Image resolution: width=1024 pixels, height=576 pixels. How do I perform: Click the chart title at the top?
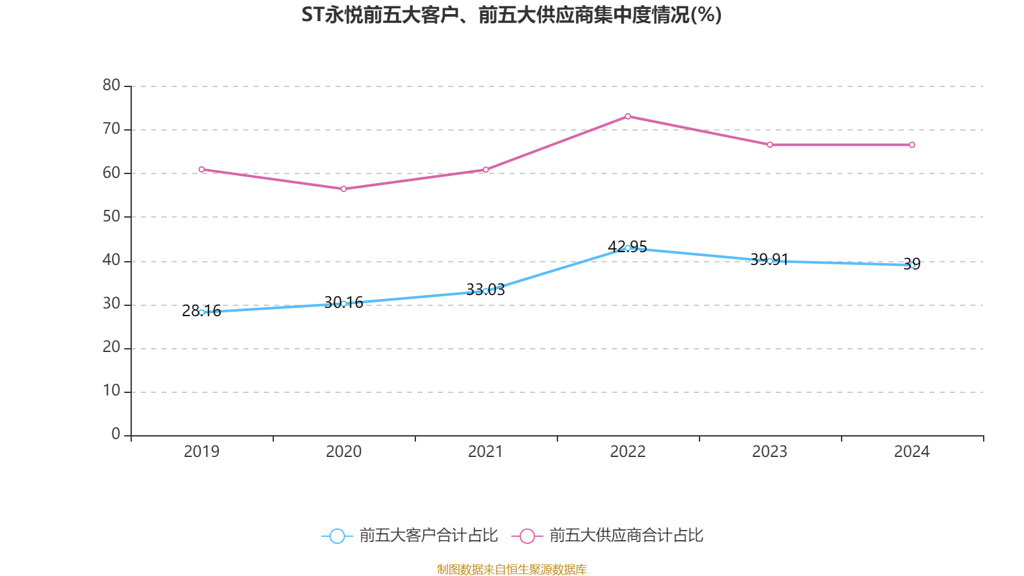(x=511, y=15)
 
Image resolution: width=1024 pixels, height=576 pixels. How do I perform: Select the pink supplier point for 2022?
(x=628, y=116)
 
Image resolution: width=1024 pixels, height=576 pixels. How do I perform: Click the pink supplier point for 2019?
(x=202, y=170)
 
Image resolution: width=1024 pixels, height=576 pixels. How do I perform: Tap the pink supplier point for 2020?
(x=344, y=189)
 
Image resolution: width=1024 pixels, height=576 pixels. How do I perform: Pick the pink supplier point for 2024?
(x=912, y=145)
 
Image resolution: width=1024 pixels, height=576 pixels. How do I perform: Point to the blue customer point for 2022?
(x=628, y=248)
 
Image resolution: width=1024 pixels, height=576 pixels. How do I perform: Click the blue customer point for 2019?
(x=202, y=312)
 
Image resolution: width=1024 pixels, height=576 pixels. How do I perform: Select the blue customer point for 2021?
(x=486, y=291)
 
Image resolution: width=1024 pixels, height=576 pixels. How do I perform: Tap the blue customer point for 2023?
(x=770, y=261)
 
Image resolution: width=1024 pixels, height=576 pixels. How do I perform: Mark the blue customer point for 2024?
(x=912, y=265)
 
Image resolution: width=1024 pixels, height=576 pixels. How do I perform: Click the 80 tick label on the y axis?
(x=111, y=85)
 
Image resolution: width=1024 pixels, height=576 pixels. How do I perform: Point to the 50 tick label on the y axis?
(x=111, y=216)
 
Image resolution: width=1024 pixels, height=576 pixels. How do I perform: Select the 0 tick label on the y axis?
(x=116, y=435)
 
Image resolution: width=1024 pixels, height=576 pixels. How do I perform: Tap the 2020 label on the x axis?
(x=344, y=452)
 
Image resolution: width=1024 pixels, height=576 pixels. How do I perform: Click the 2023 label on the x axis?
(x=770, y=452)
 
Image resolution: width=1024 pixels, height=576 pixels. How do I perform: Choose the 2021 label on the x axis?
(x=486, y=452)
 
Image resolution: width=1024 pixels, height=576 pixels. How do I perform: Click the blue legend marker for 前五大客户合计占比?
(x=337, y=536)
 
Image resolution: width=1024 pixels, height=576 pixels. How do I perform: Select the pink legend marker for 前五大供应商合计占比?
(x=527, y=536)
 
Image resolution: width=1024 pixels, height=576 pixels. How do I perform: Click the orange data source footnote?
(x=511, y=569)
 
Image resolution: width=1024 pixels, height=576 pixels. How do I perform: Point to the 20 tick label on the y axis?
(x=111, y=348)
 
